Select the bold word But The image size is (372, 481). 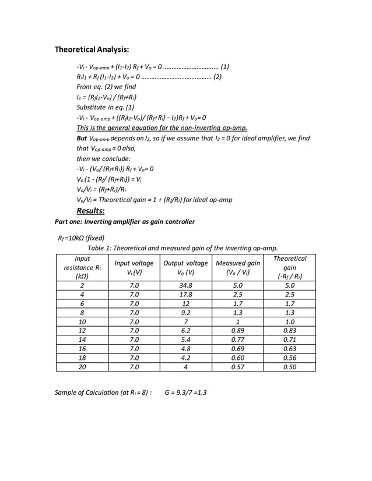(x=82, y=138)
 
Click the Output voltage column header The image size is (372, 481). (x=185, y=267)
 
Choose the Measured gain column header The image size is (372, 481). (x=237, y=267)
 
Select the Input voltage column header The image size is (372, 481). (x=134, y=267)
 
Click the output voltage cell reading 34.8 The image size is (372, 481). (x=185, y=286)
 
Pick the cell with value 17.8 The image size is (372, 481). (x=185, y=295)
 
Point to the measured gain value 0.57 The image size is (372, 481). (x=237, y=367)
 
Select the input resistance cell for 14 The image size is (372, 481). (x=82, y=339)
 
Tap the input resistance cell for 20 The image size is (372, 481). (x=82, y=367)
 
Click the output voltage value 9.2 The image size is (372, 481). (x=185, y=313)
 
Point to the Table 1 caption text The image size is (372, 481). (x=183, y=247)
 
